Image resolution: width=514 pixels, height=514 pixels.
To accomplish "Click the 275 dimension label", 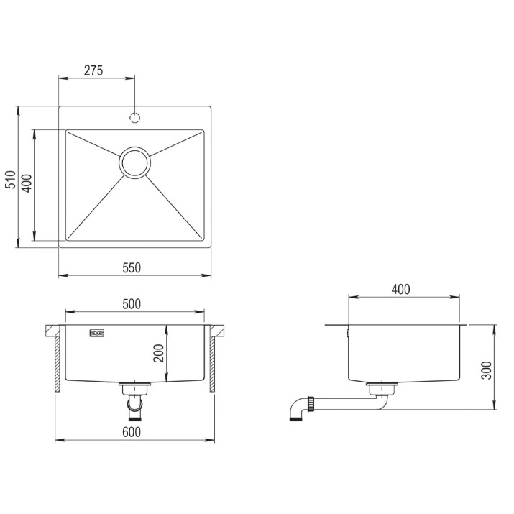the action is (x=93, y=70).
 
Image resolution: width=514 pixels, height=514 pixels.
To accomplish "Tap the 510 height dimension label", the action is (x=11, y=179).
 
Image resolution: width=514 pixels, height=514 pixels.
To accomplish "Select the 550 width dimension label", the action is (x=132, y=268).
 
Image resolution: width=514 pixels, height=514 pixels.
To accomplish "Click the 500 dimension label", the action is (x=132, y=304).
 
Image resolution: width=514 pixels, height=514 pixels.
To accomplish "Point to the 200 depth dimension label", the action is (x=159, y=353).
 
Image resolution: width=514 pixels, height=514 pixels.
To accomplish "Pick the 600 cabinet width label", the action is (x=132, y=432).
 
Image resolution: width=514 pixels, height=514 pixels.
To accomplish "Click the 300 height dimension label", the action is (x=487, y=370).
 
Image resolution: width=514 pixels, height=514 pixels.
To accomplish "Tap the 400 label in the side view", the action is (x=400, y=290).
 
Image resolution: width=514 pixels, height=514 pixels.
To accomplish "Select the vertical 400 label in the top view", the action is (x=27, y=183).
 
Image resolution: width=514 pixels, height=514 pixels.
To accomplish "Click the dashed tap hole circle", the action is (x=134, y=117).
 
